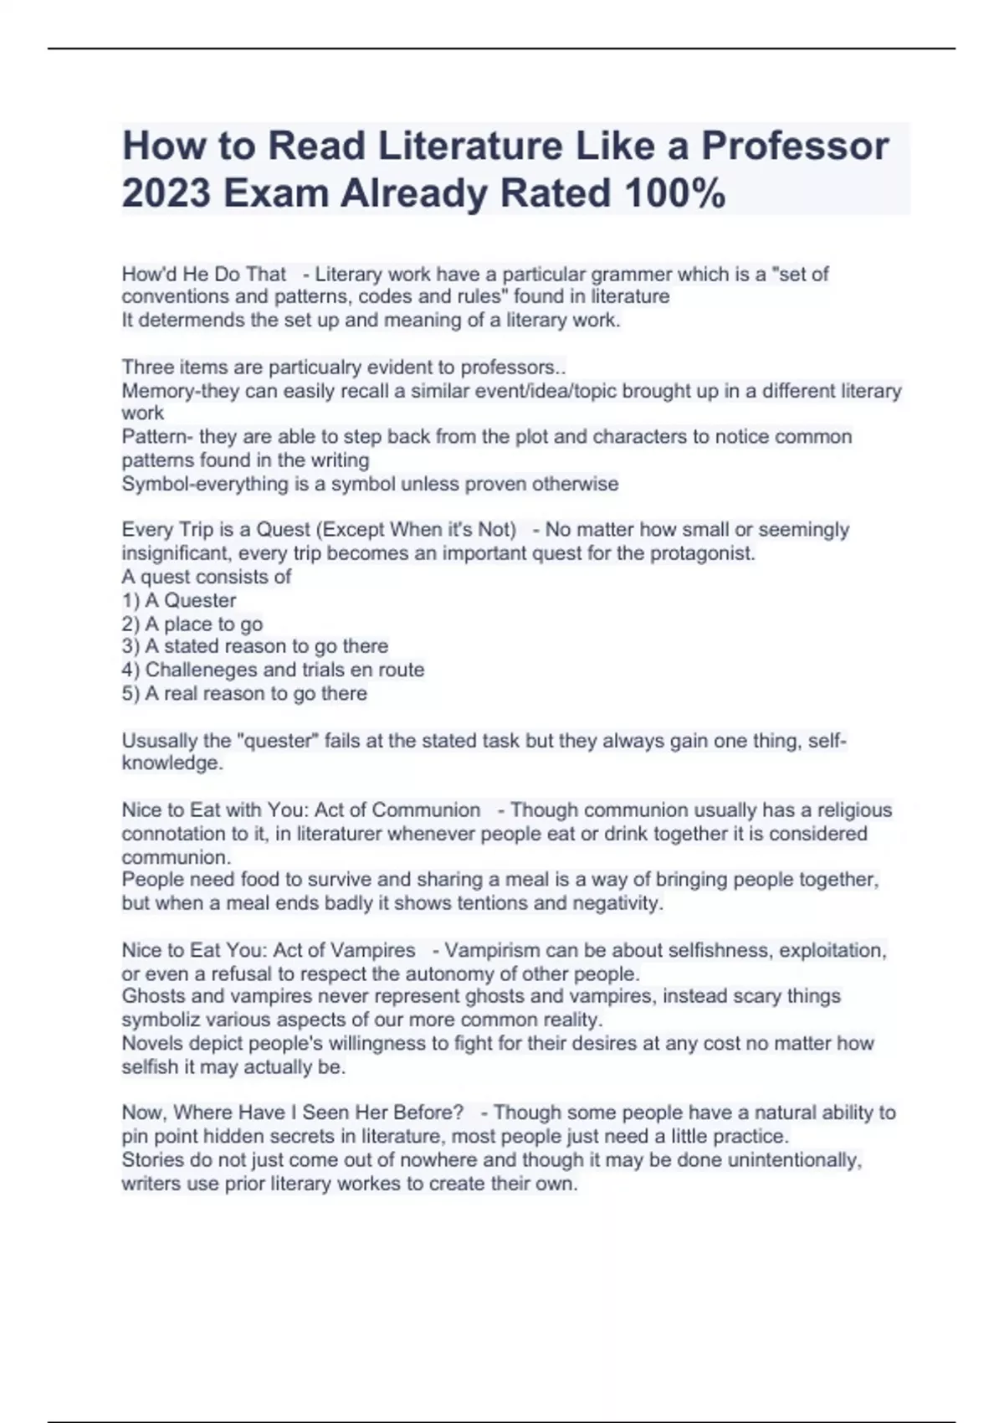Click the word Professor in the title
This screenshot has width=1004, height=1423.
[795, 146]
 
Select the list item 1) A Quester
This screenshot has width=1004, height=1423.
[179, 600]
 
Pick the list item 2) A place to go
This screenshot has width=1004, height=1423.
[192, 624]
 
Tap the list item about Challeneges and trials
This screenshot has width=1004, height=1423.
[273, 670]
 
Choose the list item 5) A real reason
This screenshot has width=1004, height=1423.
[244, 693]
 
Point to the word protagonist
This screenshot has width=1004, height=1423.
[704, 553]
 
